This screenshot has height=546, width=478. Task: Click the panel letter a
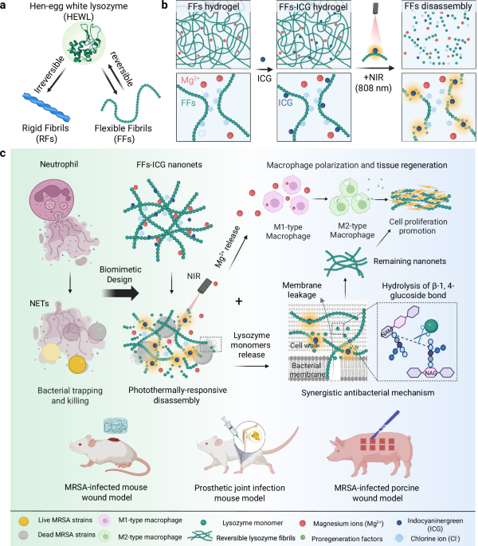click(x=7, y=6)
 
